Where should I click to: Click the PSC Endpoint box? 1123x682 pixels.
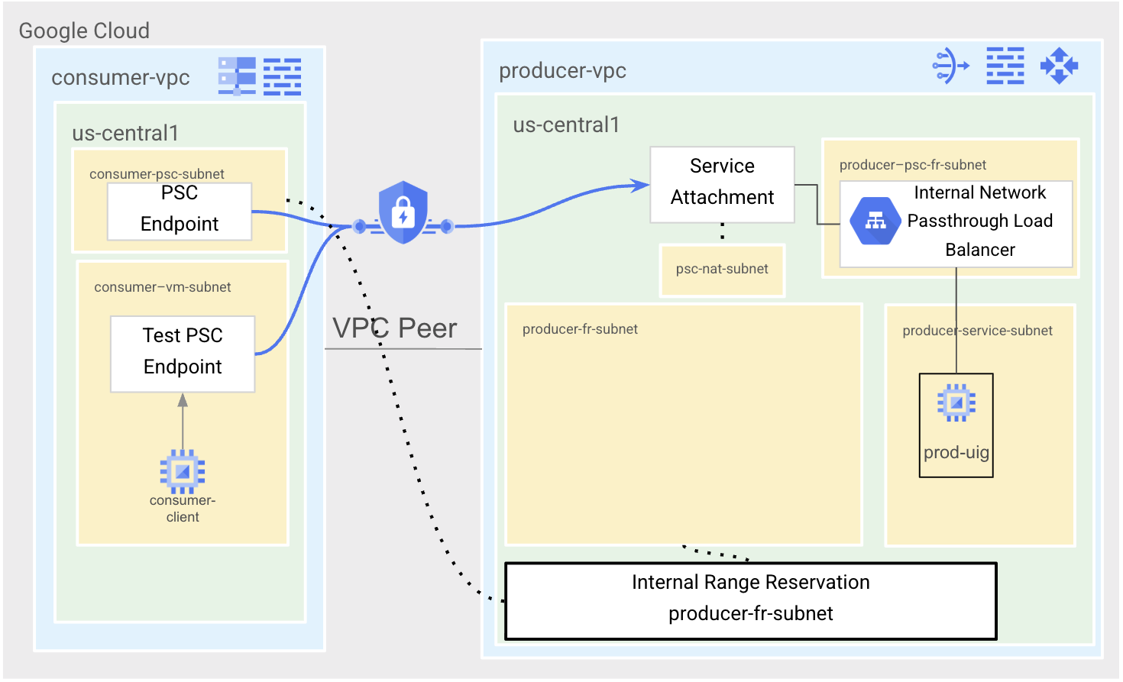(x=180, y=211)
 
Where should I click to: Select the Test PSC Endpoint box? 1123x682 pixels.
(x=183, y=354)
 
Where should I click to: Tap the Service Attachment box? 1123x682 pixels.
(x=722, y=184)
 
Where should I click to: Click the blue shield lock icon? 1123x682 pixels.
(x=403, y=212)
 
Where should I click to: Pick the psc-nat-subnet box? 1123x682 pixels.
(x=722, y=270)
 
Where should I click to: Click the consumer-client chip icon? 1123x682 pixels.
(x=183, y=471)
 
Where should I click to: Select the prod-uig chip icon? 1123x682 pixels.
(x=956, y=402)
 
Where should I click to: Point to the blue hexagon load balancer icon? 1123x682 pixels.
(x=875, y=221)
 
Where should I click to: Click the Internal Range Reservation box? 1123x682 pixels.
(x=751, y=600)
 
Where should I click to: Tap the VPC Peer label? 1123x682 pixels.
(x=395, y=328)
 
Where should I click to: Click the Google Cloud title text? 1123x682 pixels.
(x=84, y=31)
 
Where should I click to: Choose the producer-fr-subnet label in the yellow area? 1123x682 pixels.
(x=580, y=329)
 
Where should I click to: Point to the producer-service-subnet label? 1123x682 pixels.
(x=977, y=331)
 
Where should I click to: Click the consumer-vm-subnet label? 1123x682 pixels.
(x=162, y=287)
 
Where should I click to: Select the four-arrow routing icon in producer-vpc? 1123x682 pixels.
(x=1059, y=66)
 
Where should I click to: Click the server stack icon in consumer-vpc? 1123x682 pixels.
(x=237, y=76)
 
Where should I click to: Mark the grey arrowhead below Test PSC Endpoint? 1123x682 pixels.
(x=183, y=400)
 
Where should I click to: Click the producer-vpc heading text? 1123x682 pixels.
(x=562, y=71)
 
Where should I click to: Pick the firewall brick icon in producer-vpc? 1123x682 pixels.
(x=1005, y=66)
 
